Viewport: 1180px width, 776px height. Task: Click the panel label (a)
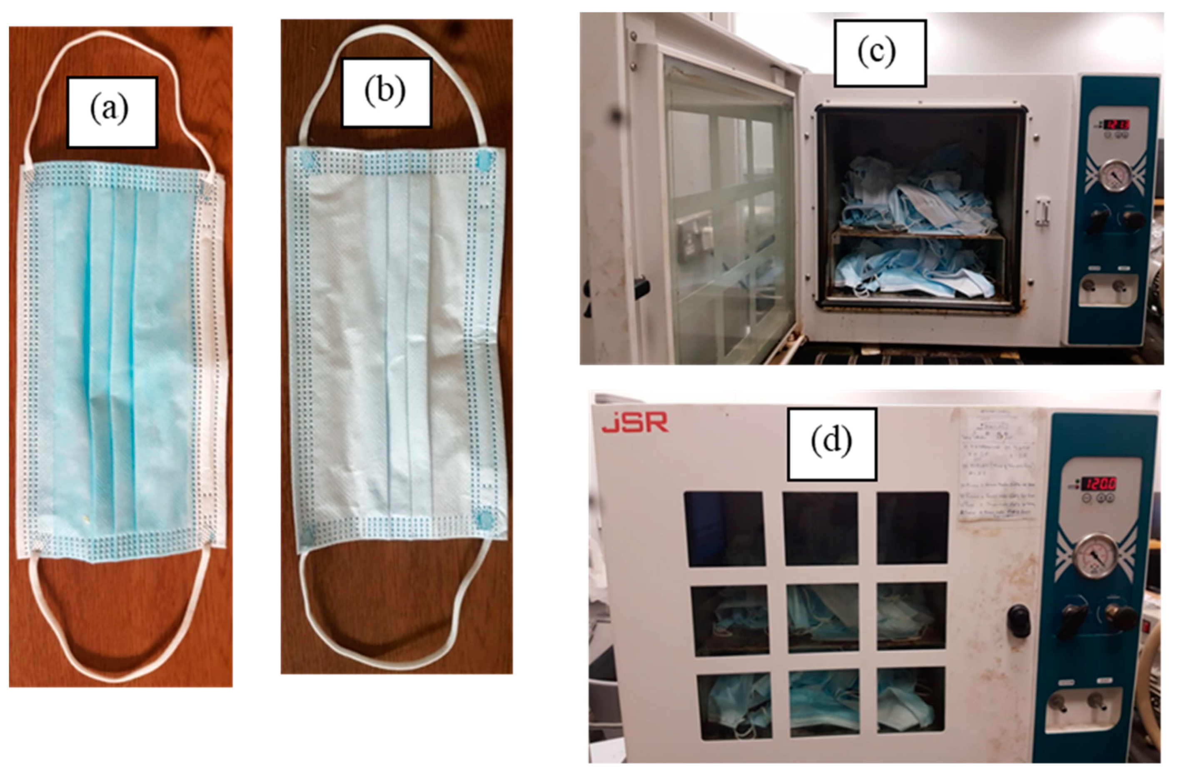point(112,112)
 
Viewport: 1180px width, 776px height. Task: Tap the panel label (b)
point(386,93)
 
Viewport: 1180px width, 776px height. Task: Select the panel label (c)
point(880,53)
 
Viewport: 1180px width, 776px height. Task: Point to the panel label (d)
point(831,444)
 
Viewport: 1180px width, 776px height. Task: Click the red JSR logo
point(635,424)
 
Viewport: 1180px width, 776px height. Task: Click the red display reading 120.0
point(1099,483)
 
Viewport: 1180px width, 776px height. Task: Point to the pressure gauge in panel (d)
point(1093,556)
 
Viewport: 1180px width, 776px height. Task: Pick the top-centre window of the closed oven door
point(821,528)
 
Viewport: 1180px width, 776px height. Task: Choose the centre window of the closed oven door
point(823,617)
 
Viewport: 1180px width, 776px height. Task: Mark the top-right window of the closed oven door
point(912,528)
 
